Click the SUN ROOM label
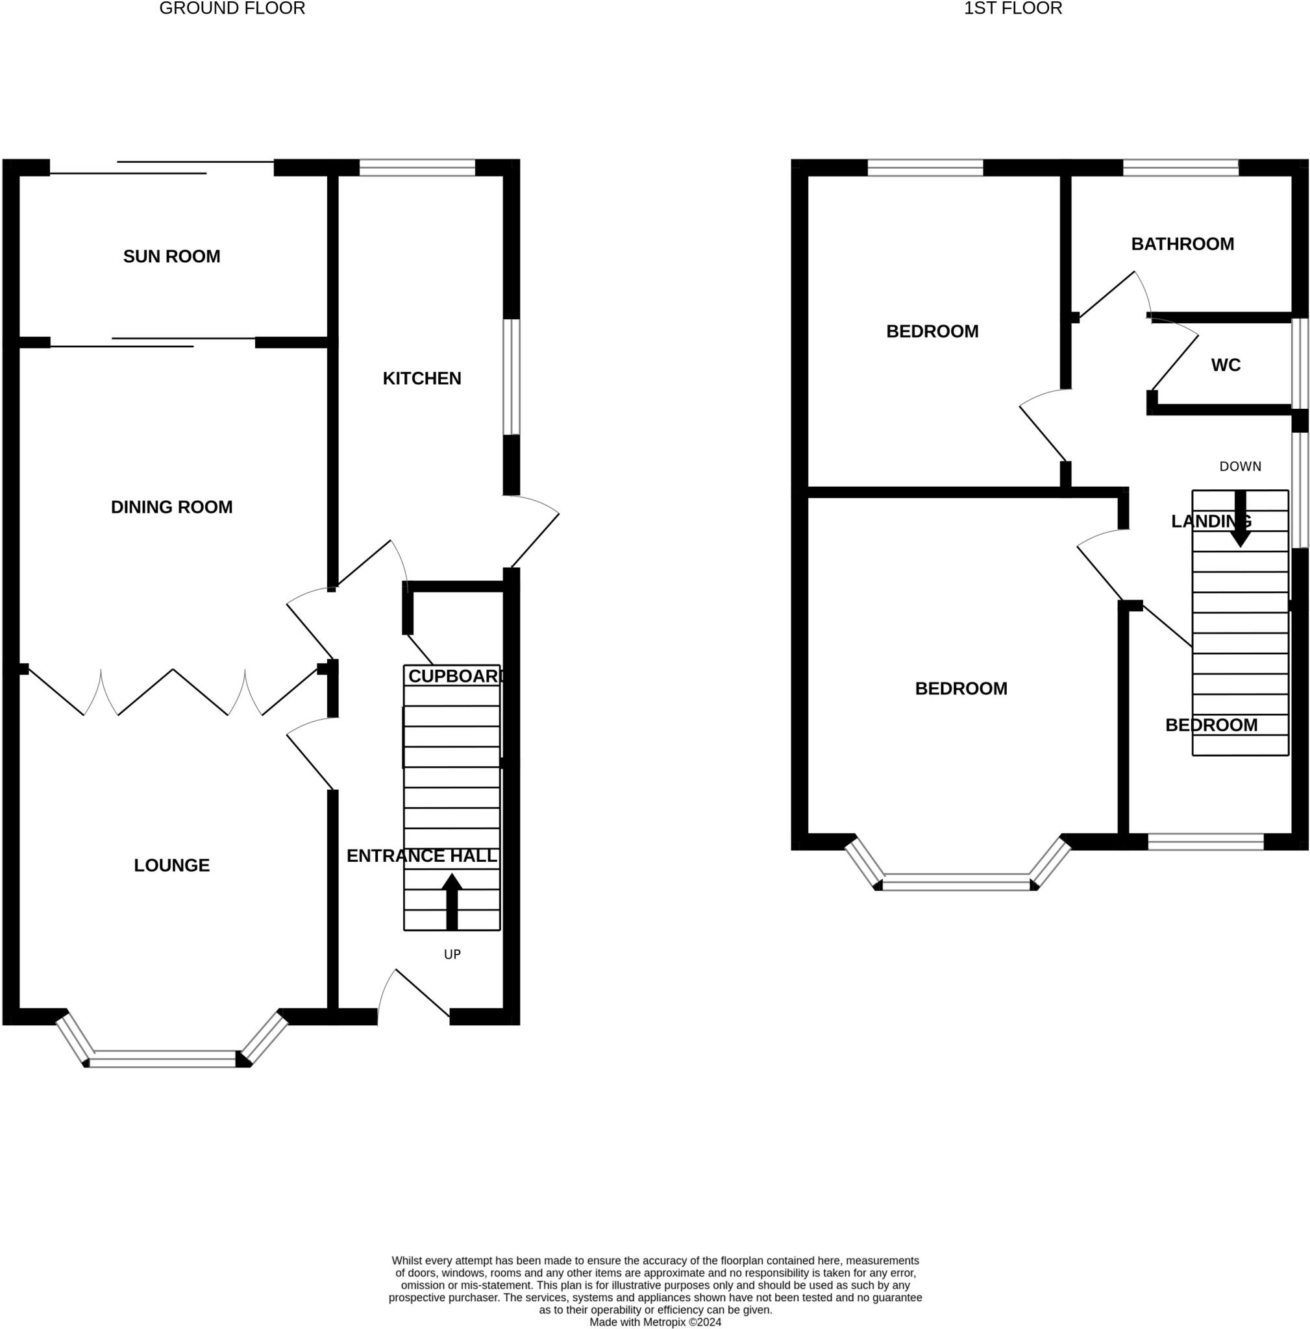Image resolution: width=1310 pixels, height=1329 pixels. (x=171, y=256)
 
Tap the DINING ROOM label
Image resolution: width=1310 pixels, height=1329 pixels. (x=171, y=507)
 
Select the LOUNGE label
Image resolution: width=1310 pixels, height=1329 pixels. (x=171, y=866)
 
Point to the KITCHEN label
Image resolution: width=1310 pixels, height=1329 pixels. (x=422, y=378)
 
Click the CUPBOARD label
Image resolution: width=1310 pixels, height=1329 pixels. (x=455, y=676)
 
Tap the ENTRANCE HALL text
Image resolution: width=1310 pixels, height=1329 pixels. (x=422, y=856)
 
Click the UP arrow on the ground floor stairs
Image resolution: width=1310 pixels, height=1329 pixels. (x=451, y=902)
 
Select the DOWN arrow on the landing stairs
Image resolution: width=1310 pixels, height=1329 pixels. (x=1240, y=518)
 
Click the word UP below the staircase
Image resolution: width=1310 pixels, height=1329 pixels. (x=452, y=954)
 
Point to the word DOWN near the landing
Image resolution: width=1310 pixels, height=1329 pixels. (x=1240, y=467)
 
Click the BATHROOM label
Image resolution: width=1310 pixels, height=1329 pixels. (x=1182, y=244)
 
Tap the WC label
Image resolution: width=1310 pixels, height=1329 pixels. (x=1226, y=365)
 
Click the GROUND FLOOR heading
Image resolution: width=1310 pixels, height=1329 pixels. (x=232, y=8)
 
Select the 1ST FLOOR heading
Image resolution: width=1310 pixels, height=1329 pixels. (x=1013, y=8)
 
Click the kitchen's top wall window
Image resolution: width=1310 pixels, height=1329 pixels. (x=417, y=168)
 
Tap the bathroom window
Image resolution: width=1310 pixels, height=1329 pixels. (x=1181, y=168)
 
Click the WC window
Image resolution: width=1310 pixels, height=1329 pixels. (x=1300, y=363)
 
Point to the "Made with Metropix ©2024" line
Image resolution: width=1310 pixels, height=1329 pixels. (x=655, y=1322)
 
